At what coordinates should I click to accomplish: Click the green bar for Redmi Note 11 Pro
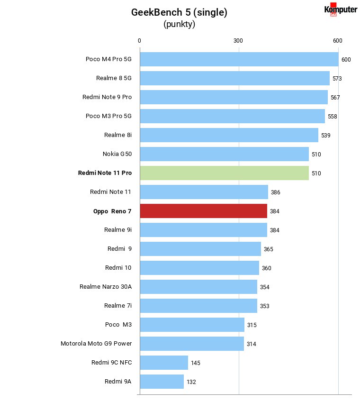pyautogui.click(x=224, y=173)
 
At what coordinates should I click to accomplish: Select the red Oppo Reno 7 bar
pyautogui.click(x=203, y=211)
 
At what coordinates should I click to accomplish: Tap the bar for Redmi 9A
pyautogui.click(x=162, y=382)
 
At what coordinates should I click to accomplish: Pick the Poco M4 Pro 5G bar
pyautogui.click(x=239, y=59)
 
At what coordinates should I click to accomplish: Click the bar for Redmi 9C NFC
pyautogui.click(x=164, y=363)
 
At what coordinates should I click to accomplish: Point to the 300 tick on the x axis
pyautogui.click(x=238, y=41)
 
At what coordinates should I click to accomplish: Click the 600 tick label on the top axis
pyautogui.click(x=337, y=41)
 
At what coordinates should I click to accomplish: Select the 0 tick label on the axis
pyautogui.click(x=139, y=41)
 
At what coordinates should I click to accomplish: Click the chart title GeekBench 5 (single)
pyautogui.click(x=179, y=12)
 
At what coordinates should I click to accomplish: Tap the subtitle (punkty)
pyautogui.click(x=180, y=24)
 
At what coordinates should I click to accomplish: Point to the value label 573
pyautogui.click(x=337, y=78)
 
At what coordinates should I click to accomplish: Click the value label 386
pyautogui.click(x=275, y=192)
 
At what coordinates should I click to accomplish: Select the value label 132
pyautogui.click(x=191, y=382)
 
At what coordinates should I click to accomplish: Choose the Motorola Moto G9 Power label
pyautogui.click(x=96, y=344)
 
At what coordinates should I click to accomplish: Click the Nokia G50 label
pyautogui.click(x=117, y=154)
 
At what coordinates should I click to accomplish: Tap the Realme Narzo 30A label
pyautogui.click(x=106, y=287)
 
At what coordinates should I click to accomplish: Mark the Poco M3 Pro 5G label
pyautogui.click(x=108, y=116)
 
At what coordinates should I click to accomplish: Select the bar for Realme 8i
pyautogui.click(x=229, y=135)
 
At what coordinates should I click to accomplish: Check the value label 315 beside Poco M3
pyautogui.click(x=252, y=325)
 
